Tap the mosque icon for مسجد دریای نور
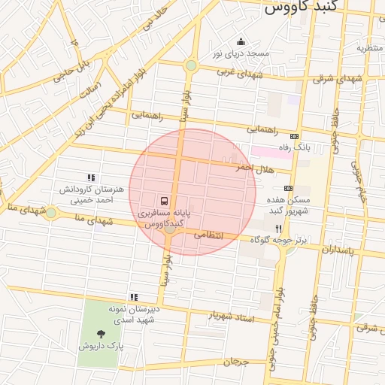(x=241, y=41)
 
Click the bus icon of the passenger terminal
(x=164, y=202)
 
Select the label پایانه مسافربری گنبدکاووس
(x=164, y=219)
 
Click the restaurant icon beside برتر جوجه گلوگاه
(x=278, y=228)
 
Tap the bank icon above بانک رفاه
(x=294, y=136)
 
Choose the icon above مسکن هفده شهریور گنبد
(x=288, y=188)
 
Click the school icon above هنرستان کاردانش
(x=91, y=178)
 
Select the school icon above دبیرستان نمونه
(x=134, y=297)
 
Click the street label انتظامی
(x=210, y=235)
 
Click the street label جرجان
(x=235, y=362)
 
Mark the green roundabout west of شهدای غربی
(x=191, y=65)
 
